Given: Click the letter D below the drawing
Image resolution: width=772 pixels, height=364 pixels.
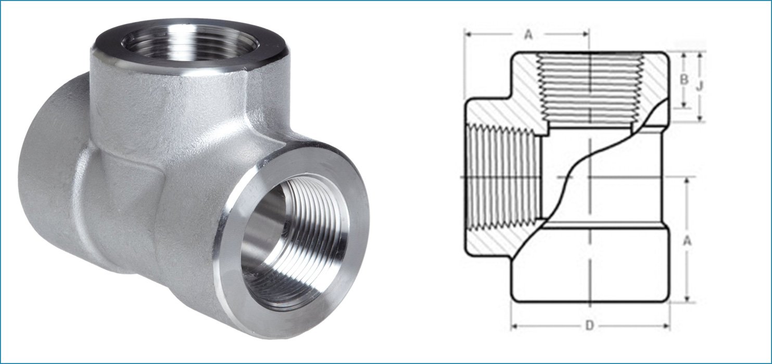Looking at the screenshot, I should click(x=589, y=326).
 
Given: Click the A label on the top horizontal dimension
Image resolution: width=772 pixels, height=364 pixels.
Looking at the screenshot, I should click(x=528, y=35).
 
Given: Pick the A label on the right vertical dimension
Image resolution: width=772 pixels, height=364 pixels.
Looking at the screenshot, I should click(x=688, y=240).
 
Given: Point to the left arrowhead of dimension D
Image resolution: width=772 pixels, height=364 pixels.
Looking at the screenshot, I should click(x=514, y=326).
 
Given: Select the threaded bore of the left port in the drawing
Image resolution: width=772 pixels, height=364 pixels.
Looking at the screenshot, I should click(x=500, y=177).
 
